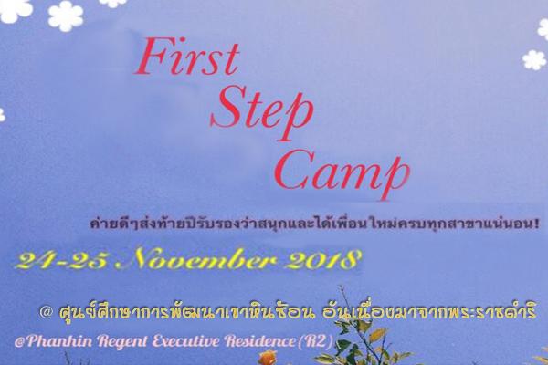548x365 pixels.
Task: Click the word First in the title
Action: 187,57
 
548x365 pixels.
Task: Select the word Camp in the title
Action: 342,172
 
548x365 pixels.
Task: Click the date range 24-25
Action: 61,260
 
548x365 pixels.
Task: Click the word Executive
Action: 186,341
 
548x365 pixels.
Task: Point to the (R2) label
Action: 315,341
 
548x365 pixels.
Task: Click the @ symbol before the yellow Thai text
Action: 47,312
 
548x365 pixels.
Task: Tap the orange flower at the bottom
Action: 268,358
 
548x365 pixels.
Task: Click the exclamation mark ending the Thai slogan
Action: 536,224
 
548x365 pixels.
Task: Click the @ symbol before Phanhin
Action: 19,341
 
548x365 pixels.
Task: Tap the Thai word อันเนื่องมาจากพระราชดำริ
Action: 429,311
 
